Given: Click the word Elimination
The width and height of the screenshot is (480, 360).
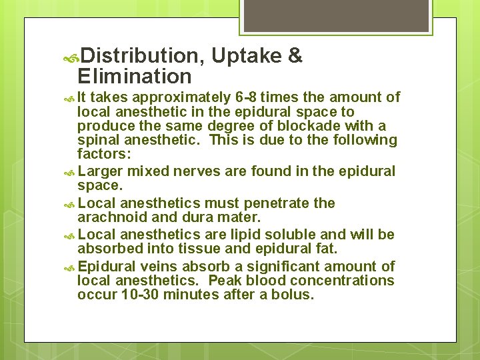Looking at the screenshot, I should click(135, 76).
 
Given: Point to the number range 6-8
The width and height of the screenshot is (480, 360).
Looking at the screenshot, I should click(249, 97).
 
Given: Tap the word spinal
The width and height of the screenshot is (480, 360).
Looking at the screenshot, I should click(99, 140).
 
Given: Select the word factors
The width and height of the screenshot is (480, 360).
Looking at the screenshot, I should click(102, 154).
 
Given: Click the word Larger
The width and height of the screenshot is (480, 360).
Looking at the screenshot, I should click(101, 172).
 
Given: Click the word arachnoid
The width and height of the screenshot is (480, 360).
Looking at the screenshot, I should click(109, 217).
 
